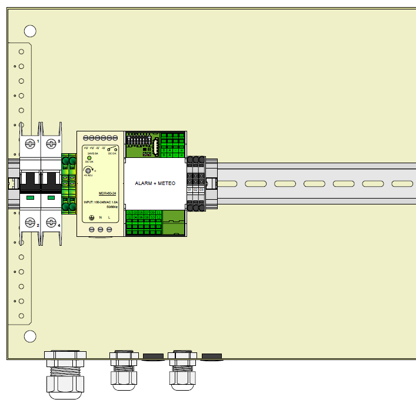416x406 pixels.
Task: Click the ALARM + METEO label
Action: point(155,184)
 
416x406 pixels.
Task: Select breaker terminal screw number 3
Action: point(51,142)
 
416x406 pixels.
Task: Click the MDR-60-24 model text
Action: point(99,192)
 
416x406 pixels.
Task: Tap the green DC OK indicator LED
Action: point(89,158)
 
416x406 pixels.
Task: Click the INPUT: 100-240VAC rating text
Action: point(100,202)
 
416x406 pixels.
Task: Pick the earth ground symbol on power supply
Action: point(92,217)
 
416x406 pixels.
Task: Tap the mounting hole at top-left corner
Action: point(30,31)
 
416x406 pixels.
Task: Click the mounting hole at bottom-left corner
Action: point(30,336)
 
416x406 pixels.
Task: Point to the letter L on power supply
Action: point(110,217)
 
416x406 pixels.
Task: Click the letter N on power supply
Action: point(101,217)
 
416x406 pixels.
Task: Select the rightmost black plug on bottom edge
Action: point(211,356)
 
